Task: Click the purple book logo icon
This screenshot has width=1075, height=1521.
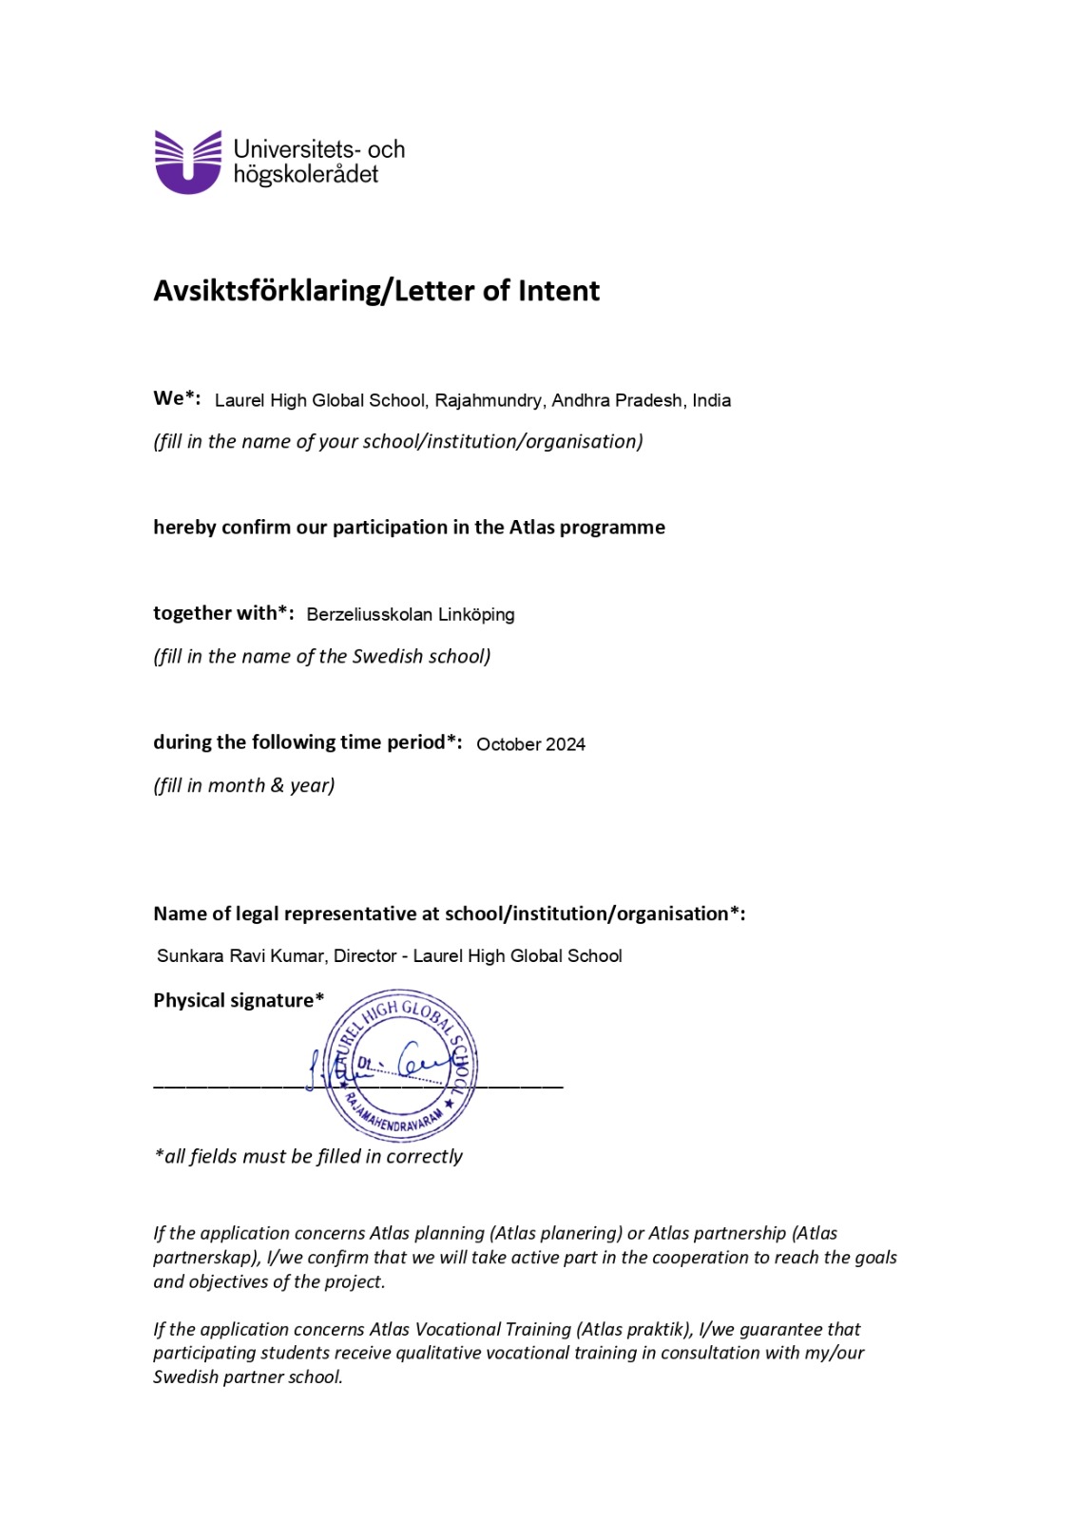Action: [187, 163]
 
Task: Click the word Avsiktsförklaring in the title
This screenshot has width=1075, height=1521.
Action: [265, 291]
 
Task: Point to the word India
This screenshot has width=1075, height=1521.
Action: [711, 400]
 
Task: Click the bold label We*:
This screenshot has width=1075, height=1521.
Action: [177, 398]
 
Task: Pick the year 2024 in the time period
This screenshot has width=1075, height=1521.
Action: [566, 744]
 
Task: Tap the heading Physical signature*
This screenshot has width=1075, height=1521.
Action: [238, 1000]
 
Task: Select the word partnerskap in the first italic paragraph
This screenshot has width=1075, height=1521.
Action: [205, 1258]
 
